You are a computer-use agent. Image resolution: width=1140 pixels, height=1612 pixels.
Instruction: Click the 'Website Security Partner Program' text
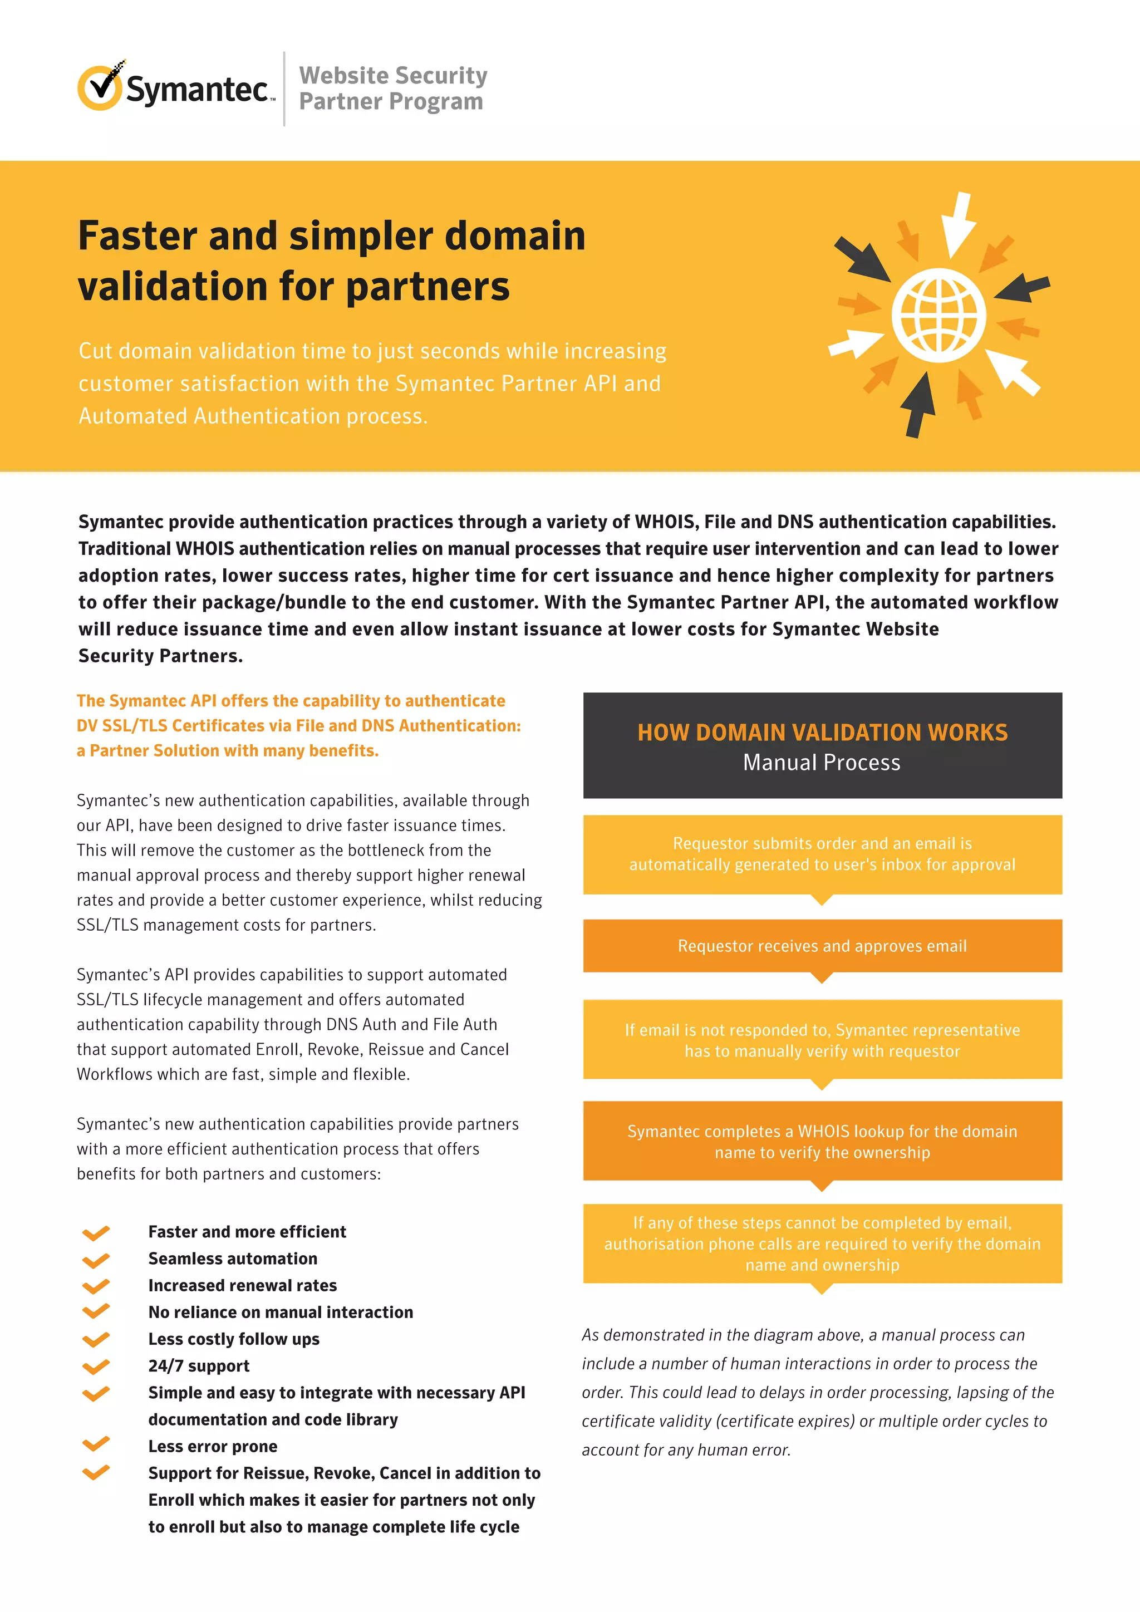pyautogui.click(x=392, y=89)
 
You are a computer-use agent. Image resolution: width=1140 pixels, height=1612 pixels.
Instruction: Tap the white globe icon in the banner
pyautogui.click(x=938, y=315)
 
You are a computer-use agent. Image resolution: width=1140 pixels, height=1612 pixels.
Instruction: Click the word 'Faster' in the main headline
pyautogui.click(x=138, y=236)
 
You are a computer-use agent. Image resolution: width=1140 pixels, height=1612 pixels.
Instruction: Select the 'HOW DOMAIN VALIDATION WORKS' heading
pyautogui.click(x=822, y=733)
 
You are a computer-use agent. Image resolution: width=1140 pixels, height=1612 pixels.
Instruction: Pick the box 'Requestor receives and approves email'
pyautogui.click(x=822, y=946)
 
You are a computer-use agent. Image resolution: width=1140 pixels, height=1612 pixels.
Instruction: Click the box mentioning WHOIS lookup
pyautogui.click(x=822, y=1141)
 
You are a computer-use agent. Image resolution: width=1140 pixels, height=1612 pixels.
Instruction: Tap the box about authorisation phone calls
pyautogui.click(x=822, y=1244)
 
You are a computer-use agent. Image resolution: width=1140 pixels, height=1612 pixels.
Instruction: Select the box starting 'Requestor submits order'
pyautogui.click(x=822, y=854)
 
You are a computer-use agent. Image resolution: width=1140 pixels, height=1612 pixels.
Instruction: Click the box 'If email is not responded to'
pyautogui.click(x=822, y=1040)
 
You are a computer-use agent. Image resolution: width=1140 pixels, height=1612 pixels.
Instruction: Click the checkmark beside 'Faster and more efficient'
pyautogui.click(x=96, y=1233)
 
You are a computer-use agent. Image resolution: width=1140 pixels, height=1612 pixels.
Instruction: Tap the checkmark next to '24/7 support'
pyautogui.click(x=96, y=1367)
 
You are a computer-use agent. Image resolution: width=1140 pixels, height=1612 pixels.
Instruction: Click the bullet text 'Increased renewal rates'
pyautogui.click(x=242, y=1285)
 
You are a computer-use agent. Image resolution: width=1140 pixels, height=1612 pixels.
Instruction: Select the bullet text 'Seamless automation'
pyautogui.click(x=232, y=1259)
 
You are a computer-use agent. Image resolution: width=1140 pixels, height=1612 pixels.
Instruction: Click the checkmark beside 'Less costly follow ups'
pyautogui.click(x=96, y=1340)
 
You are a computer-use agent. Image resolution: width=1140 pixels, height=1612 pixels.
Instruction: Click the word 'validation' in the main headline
pyautogui.click(x=172, y=287)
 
